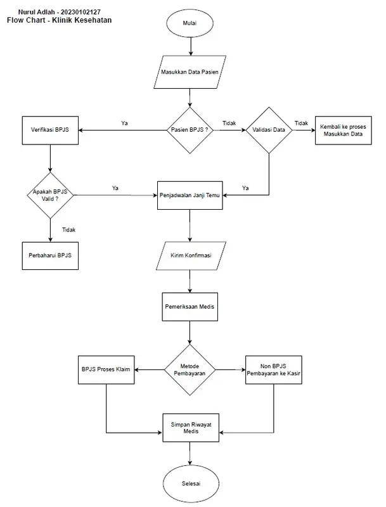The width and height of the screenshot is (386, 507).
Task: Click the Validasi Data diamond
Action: point(269,129)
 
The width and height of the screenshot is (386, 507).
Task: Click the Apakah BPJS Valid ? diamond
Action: point(49,195)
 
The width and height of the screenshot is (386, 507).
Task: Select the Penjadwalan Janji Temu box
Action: point(190,195)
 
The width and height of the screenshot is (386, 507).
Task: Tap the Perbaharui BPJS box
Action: point(49,255)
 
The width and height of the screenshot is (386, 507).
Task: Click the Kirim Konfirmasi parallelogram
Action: point(190,255)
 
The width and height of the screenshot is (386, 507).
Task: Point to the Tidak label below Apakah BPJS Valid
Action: point(69,229)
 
